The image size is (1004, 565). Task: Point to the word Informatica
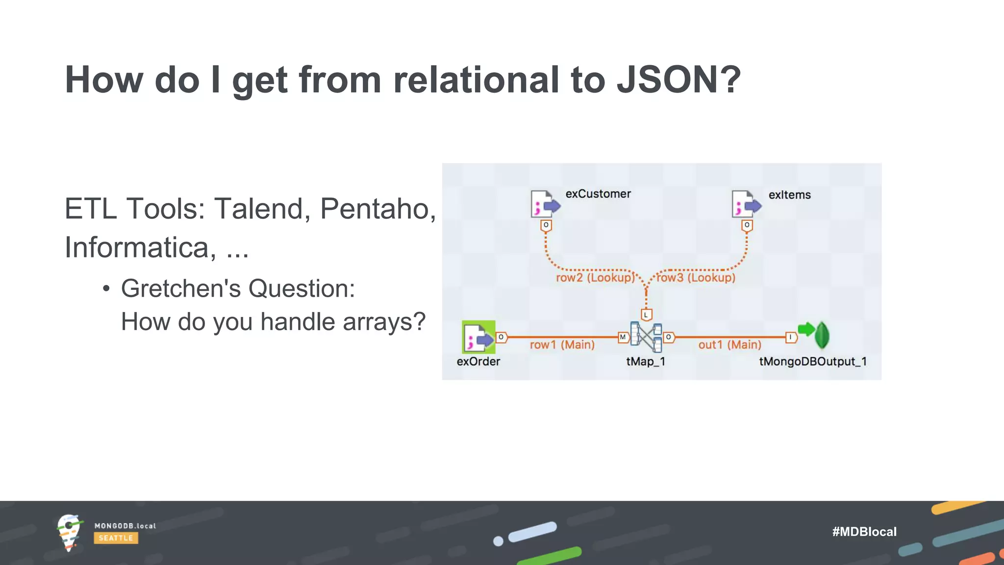pos(140,247)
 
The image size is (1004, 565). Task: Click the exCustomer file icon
pos(545,204)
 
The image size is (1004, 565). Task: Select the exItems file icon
pos(745,204)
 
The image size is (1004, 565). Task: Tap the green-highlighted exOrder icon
pos(478,337)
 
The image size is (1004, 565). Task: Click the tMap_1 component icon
pos(646,337)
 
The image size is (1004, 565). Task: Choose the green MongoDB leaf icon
pos(822,335)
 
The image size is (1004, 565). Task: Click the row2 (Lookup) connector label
pos(595,278)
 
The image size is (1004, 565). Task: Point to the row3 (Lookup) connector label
pos(696,278)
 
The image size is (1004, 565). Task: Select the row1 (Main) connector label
pos(562,345)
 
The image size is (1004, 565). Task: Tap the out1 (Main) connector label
pos(729,345)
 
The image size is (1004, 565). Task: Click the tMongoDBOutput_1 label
pos(813,362)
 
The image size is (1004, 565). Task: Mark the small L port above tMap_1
pos(646,315)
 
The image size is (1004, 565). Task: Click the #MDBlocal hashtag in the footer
pos(864,532)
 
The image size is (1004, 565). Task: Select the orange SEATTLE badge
pos(116,538)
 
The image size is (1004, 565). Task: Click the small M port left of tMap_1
pos(623,337)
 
